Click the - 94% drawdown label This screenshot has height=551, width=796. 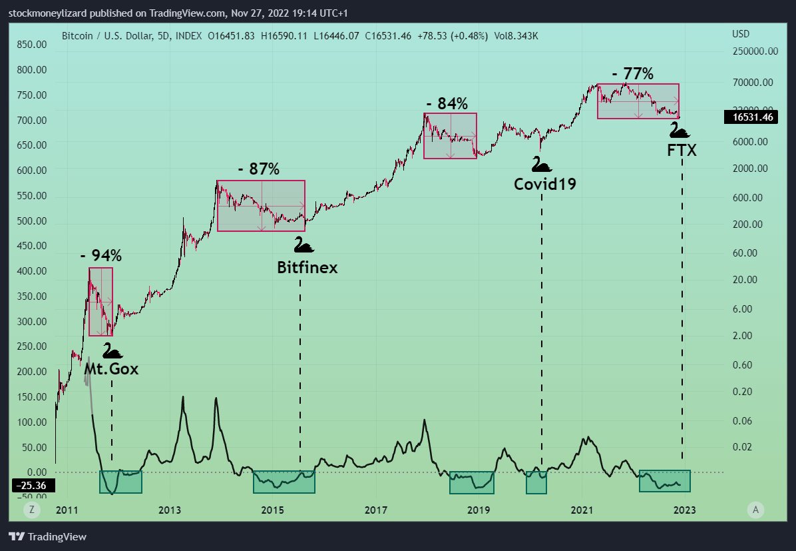coord(101,255)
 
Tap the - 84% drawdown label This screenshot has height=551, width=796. coord(447,103)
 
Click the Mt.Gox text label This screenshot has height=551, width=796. coord(112,368)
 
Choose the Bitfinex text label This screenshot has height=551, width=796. coord(307,268)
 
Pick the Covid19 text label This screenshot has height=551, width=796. coord(544,183)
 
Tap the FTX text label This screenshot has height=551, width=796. coord(682,151)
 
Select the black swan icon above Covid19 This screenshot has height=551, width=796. coord(542,164)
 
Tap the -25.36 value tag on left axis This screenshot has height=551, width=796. coord(30,486)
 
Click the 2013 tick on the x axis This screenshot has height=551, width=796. coord(170,510)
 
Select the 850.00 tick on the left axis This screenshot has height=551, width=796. coord(32,45)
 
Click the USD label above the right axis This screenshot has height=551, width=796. coord(740,34)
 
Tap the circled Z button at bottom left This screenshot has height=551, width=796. coord(31,510)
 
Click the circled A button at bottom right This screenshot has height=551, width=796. coord(755,510)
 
